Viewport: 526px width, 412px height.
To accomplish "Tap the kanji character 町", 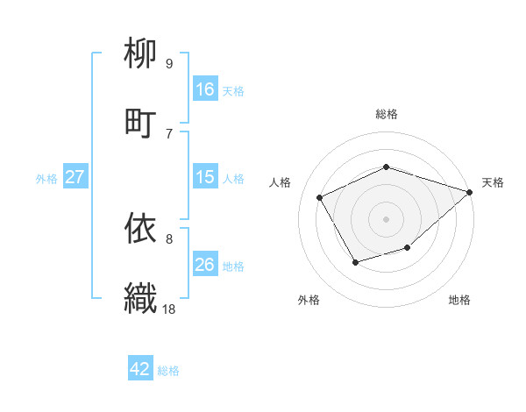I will pos(141,122).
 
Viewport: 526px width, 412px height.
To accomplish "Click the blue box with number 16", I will pos(205,89).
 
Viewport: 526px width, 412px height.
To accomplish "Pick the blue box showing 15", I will pos(205,177).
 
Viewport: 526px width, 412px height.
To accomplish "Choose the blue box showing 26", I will pos(205,265).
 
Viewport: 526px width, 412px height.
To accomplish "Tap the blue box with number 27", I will pos(75,177).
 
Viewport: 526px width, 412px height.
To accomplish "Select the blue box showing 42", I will pos(140,369).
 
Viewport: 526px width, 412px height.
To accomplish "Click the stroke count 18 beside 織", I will pos(169,308).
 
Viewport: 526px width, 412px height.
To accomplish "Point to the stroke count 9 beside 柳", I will pos(169,63).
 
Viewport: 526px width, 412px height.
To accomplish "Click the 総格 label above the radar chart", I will pos(387,114).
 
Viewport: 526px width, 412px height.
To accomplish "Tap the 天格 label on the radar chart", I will pos(493,182).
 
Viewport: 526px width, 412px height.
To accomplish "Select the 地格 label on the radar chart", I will pos(459,300).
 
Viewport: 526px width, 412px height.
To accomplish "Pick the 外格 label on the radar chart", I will pos(309,300).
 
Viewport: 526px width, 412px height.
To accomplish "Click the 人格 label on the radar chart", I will pos(281,182).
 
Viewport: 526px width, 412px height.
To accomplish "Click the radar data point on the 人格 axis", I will pos(320,197).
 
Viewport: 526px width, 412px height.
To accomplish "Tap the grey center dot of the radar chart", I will pos(387,218).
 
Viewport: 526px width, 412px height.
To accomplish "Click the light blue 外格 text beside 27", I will pos(46,178).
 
